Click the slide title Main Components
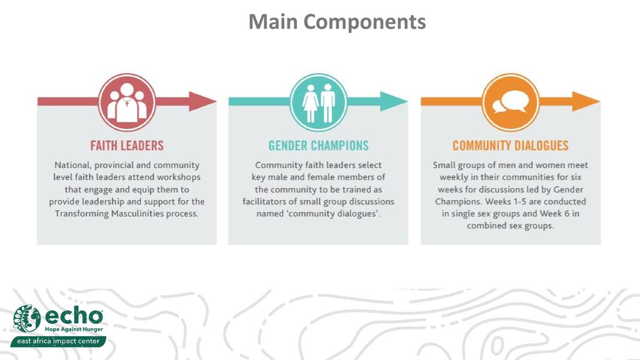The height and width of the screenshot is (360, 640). click(337, 22)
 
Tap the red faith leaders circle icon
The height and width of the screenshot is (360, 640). click(127, 101)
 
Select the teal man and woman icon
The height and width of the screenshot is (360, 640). click(319, 101)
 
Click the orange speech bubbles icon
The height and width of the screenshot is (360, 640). click(511, 101)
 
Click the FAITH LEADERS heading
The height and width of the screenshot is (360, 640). click(127, 146)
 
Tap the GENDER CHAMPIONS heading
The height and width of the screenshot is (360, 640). click(319, 146)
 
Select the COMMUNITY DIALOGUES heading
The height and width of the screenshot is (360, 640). click(511, 146)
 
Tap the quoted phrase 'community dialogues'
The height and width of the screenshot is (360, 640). click(339, 214)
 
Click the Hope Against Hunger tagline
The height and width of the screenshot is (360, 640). click(73, 329)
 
